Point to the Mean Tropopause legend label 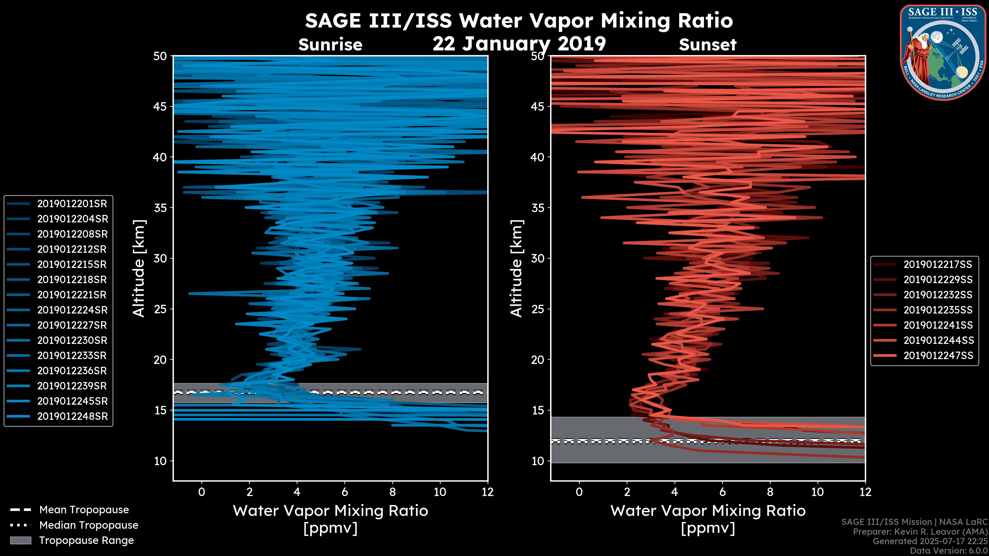84,510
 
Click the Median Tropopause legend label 88,525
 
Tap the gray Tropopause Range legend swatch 20,541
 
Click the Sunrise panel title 330,45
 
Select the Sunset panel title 707,45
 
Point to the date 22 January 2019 519,44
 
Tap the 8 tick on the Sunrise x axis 392,492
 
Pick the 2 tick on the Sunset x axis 627,492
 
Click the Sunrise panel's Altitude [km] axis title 139,268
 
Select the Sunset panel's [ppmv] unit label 707,529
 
